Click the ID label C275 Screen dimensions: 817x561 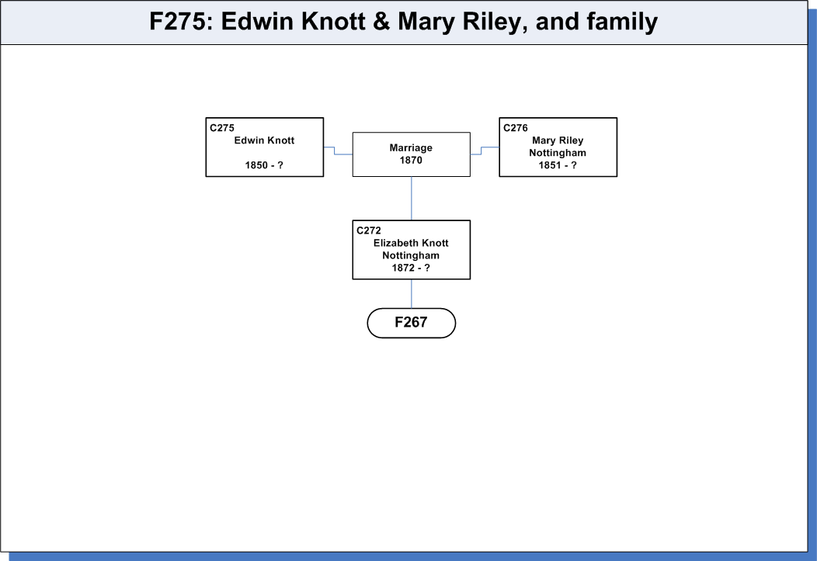pos(222,127)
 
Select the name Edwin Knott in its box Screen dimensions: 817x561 pos(264,140)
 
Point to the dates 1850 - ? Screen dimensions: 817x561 pos(264,165)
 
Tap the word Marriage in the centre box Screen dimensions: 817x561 pos(411,147)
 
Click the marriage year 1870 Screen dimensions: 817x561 pos(411,161)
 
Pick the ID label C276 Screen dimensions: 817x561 pos(516,127)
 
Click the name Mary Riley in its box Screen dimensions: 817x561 pos(558,140)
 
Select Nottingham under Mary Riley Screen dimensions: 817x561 pos(558,153)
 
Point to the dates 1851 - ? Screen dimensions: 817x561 pos(558,165)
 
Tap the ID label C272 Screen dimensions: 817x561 pos(369,230)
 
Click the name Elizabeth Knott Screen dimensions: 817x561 pos(411,243)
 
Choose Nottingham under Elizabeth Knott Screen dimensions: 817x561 pos(411,255)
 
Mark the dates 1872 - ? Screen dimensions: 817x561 pos(411,268)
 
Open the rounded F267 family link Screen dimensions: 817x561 pos(411,323)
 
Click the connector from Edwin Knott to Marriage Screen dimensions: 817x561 pos(335,151)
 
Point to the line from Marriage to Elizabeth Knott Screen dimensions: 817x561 pos(412,199)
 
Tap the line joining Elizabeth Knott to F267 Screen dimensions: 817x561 pos(412,293)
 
